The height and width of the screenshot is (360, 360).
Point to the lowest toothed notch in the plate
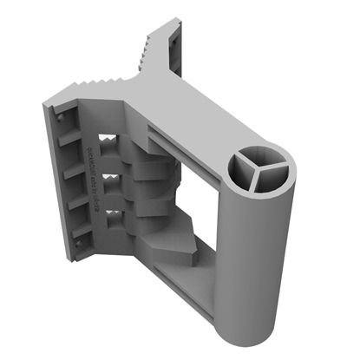coord(111,213)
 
